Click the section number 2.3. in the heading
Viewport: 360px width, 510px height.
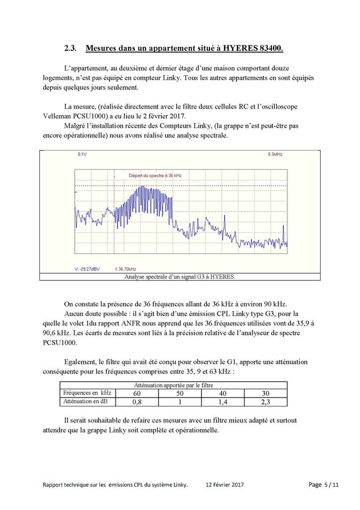[x=71, y=48]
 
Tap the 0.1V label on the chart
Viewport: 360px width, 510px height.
[x=82, y=155]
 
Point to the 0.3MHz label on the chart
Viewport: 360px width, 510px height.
[x=275, y=155]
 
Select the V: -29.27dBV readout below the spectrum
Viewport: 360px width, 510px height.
[x=87, y=269]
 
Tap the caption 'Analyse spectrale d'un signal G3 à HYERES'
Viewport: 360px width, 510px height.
[x=180, y=276]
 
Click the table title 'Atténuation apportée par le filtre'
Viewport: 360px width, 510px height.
[x=173, y=385]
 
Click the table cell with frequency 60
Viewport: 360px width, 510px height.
[x=136, y=393]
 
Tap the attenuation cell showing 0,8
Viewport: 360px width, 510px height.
[x=136, y=401]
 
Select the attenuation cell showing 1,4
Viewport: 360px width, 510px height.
[x=222, y=401]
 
